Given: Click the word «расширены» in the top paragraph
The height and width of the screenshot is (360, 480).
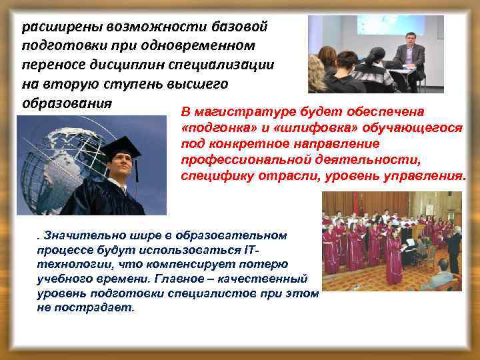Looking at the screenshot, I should (x=56, y=28).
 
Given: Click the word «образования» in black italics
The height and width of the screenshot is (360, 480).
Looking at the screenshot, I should (x=64, y=105).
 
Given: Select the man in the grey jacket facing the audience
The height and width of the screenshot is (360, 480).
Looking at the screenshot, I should (x=408, y=60).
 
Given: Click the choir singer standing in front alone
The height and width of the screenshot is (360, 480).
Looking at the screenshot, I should (x=393, y=253).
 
